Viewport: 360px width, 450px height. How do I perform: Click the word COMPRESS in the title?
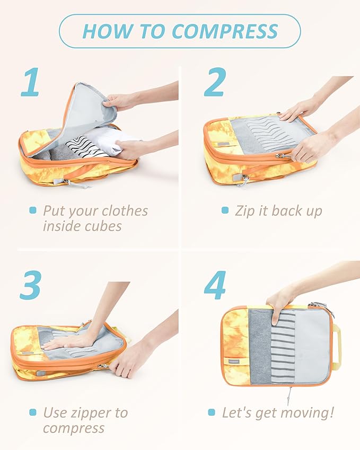[x=225, y=31]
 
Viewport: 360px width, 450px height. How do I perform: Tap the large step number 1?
[x=31, y=82]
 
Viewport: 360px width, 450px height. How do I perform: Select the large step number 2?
[x=215, y=82]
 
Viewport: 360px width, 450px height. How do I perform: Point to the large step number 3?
[x=30, y=285]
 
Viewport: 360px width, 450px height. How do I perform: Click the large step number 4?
[x=215, y=285]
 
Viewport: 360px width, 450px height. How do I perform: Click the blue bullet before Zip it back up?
[x=225, y=210]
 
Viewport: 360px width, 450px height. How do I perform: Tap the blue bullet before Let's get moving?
[x=212, y=412]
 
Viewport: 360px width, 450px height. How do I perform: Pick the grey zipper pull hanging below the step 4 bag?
[x=289, y=396]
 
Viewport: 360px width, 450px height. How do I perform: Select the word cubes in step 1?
[x=103, y=226]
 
